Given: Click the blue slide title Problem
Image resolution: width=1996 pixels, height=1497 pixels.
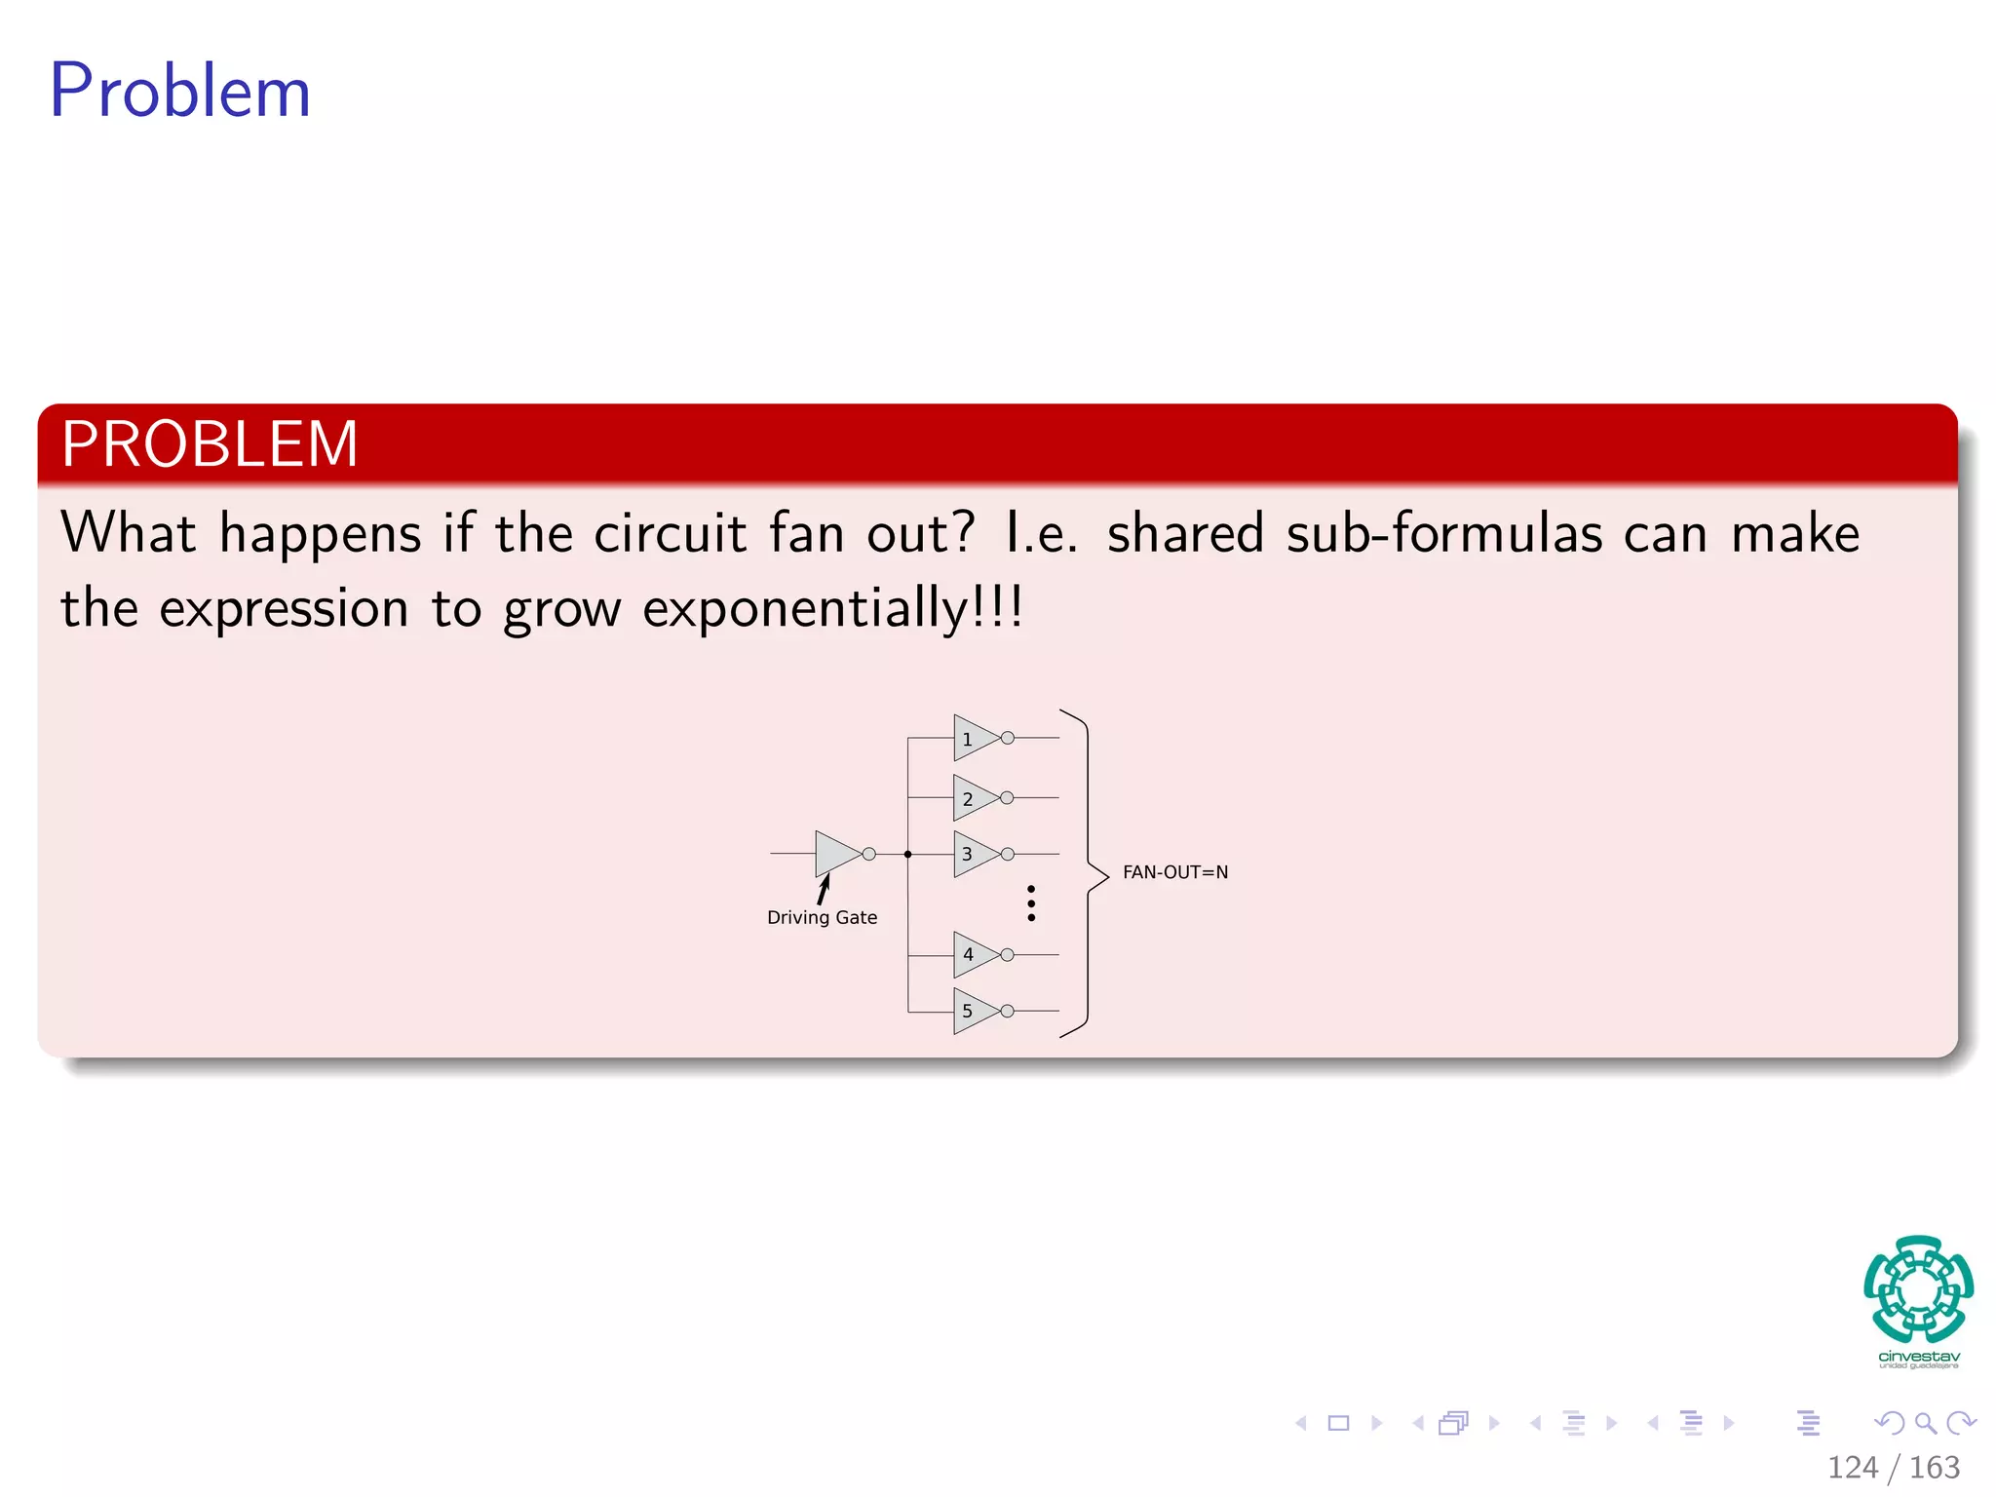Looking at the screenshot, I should (180, 91).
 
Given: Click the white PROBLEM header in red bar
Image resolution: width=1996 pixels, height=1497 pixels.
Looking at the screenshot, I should (210, 444).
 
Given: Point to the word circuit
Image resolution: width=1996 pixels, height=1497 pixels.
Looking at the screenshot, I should (670, 534).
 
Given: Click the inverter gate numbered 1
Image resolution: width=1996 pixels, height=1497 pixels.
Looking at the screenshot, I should (975, 738).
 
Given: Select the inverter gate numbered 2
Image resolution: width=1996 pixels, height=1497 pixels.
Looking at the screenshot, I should (975, 798).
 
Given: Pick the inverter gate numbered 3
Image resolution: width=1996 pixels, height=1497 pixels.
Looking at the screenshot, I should (975, 854).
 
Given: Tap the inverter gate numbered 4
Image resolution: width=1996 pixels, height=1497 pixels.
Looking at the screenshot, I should (975, 954).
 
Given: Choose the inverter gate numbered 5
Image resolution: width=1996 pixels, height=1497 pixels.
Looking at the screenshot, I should (975, 1011).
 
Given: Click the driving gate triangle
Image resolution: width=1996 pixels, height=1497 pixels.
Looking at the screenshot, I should (835, 854).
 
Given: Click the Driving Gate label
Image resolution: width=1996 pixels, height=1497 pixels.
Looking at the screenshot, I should (822, 917).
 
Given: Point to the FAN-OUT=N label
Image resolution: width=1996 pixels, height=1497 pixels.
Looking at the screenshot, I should (1174, 872).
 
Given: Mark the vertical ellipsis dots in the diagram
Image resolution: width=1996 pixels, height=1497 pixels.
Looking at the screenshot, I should (1031, 903).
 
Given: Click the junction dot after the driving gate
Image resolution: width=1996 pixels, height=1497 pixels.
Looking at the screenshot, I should (907, 855).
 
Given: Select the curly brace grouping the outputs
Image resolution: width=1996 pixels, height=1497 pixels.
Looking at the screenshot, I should (1088, 872).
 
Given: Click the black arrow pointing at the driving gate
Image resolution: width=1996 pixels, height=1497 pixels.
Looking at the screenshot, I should (824, 889).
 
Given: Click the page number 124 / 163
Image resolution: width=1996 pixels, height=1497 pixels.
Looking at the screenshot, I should (1893, 1468).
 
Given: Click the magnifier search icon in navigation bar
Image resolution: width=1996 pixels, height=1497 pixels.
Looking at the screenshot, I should (1925, 1423).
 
